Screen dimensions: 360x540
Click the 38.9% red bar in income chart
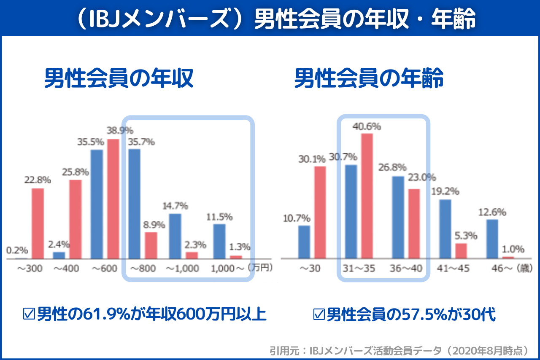coord(113,198)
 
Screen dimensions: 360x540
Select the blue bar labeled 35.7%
coord(134,204)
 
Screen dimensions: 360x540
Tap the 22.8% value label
coord(37,180)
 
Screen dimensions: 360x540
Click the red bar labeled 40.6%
coord(367,196)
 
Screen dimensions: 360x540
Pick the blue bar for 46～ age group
coord(492,239)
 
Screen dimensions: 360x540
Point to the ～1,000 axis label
coord(182,269)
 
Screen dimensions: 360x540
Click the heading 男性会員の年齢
coord(369,78)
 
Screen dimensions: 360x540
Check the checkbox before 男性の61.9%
coord(29,314)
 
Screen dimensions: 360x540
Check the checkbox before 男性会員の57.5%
coord(319,314)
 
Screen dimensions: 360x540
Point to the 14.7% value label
coord(175,206)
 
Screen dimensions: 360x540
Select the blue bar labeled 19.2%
coord(445,229)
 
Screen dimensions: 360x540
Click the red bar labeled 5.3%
coord(461,251)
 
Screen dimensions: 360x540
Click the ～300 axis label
coord(29,269)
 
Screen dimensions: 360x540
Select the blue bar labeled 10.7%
coord(304,242)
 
